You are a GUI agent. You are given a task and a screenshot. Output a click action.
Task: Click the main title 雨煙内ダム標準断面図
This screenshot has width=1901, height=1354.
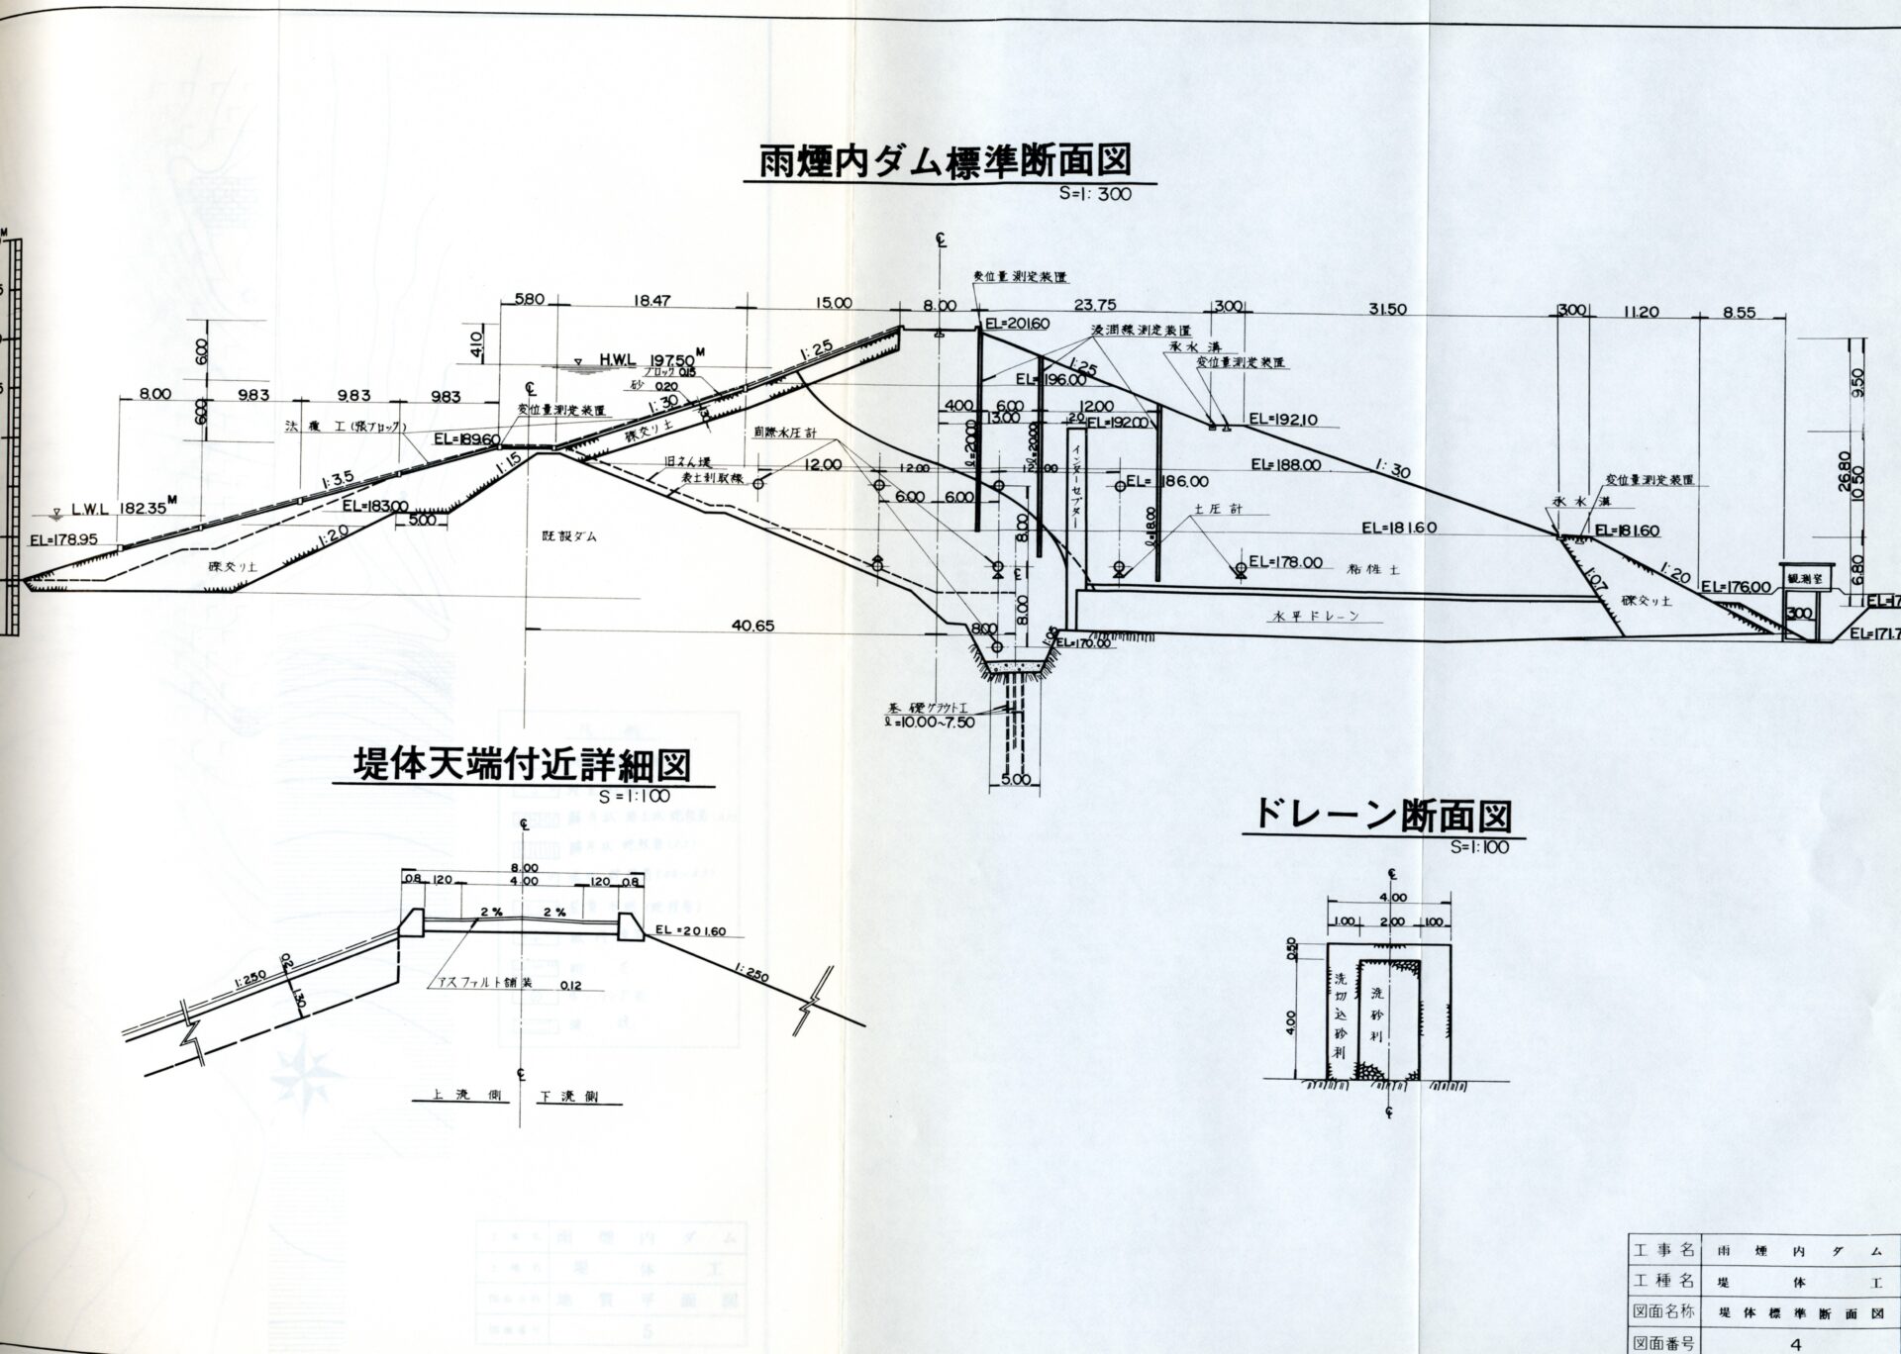[x=945, y=161]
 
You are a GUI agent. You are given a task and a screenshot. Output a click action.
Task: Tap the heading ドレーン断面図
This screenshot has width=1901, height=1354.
[x=1383, y=818]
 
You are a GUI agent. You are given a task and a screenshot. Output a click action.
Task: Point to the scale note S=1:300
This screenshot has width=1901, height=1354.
[x=1094, y=195]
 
